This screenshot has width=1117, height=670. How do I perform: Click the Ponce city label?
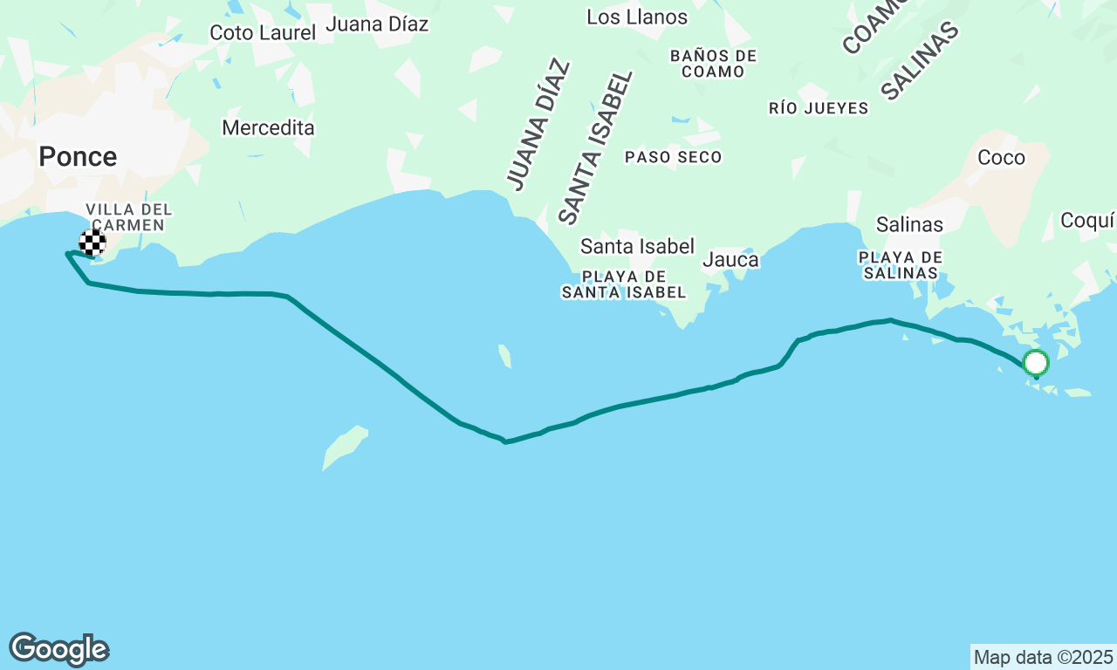(x=78, y=157)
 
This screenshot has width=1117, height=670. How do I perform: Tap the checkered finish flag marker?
(x=93, y=243)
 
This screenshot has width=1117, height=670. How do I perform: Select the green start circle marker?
(x=1036, y=362)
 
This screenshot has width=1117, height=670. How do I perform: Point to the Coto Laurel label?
(x=263, y=33)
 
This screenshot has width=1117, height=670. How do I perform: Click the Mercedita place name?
(x=268, y=128)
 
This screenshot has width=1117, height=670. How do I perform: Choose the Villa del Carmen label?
(x=128, y=217)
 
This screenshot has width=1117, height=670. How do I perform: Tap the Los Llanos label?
(x=637, y=17)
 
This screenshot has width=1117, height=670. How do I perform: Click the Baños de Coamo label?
(x=714, y=64)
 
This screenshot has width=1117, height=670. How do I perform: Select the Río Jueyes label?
(x=819, y=108)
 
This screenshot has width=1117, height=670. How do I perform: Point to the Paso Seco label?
(x=674, y=157)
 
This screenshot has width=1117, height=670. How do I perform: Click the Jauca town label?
(x=730, y=260)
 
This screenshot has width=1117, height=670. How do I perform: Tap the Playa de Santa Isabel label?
(x=624, y=284)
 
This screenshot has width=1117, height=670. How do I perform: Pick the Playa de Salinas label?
(x=901, y=265)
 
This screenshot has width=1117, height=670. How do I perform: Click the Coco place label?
(x=1001, y=158)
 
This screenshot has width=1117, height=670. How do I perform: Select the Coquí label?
(x=1087, y=220)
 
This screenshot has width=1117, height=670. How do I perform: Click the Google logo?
(x=58, y=649)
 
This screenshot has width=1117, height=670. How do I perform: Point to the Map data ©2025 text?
(x=1043, y=657)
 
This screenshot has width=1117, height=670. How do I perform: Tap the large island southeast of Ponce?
(x=345, y=446)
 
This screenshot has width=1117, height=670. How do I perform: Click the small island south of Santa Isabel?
(x=504, y=356)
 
